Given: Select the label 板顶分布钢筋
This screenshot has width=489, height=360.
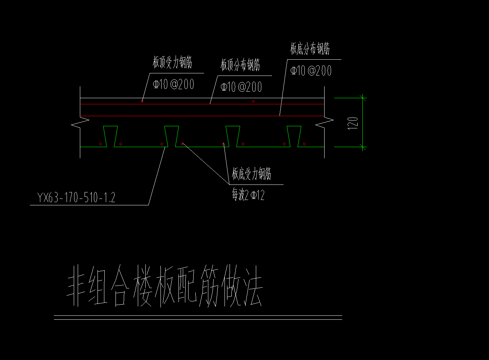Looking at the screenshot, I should point(240,65).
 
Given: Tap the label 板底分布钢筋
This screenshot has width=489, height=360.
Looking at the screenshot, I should point(310,49).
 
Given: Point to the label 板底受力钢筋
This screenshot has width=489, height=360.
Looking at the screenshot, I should point(251,174).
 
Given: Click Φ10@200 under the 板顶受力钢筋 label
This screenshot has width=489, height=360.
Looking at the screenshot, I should point(173,85).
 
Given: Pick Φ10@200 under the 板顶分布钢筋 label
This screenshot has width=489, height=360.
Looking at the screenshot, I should point(241,87).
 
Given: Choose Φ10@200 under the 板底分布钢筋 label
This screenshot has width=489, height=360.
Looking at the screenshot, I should point(311,70).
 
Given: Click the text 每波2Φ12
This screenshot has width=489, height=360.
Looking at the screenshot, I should point(248,195).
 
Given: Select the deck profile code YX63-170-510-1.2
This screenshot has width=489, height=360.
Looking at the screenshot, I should point(76,198).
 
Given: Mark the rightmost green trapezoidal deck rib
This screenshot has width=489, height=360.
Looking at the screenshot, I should point(294,136).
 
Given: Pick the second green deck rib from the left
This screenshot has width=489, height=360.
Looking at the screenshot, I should point(172,136).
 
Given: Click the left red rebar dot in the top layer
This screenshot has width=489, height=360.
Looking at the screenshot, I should point(142,101).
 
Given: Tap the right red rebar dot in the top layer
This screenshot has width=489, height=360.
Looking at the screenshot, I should point(253,101).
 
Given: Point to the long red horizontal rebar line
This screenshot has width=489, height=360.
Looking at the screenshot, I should point(202,116).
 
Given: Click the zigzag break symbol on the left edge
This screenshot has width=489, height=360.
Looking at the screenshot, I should point(80,123).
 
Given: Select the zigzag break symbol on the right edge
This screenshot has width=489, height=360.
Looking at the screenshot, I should point(324,123).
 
